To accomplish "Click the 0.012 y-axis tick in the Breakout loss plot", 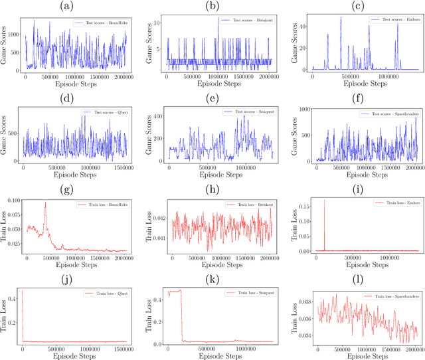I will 155,217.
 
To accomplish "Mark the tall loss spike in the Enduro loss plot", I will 325,201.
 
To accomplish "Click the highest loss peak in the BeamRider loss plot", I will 45,203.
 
